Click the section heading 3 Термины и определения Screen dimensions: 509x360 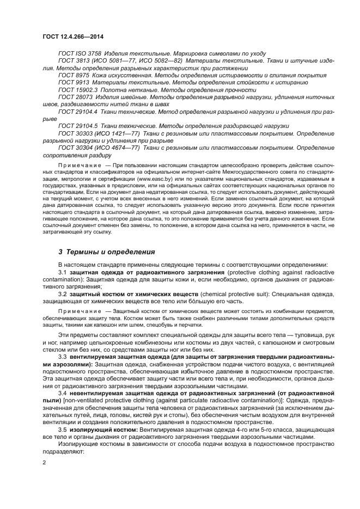(107, 252)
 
